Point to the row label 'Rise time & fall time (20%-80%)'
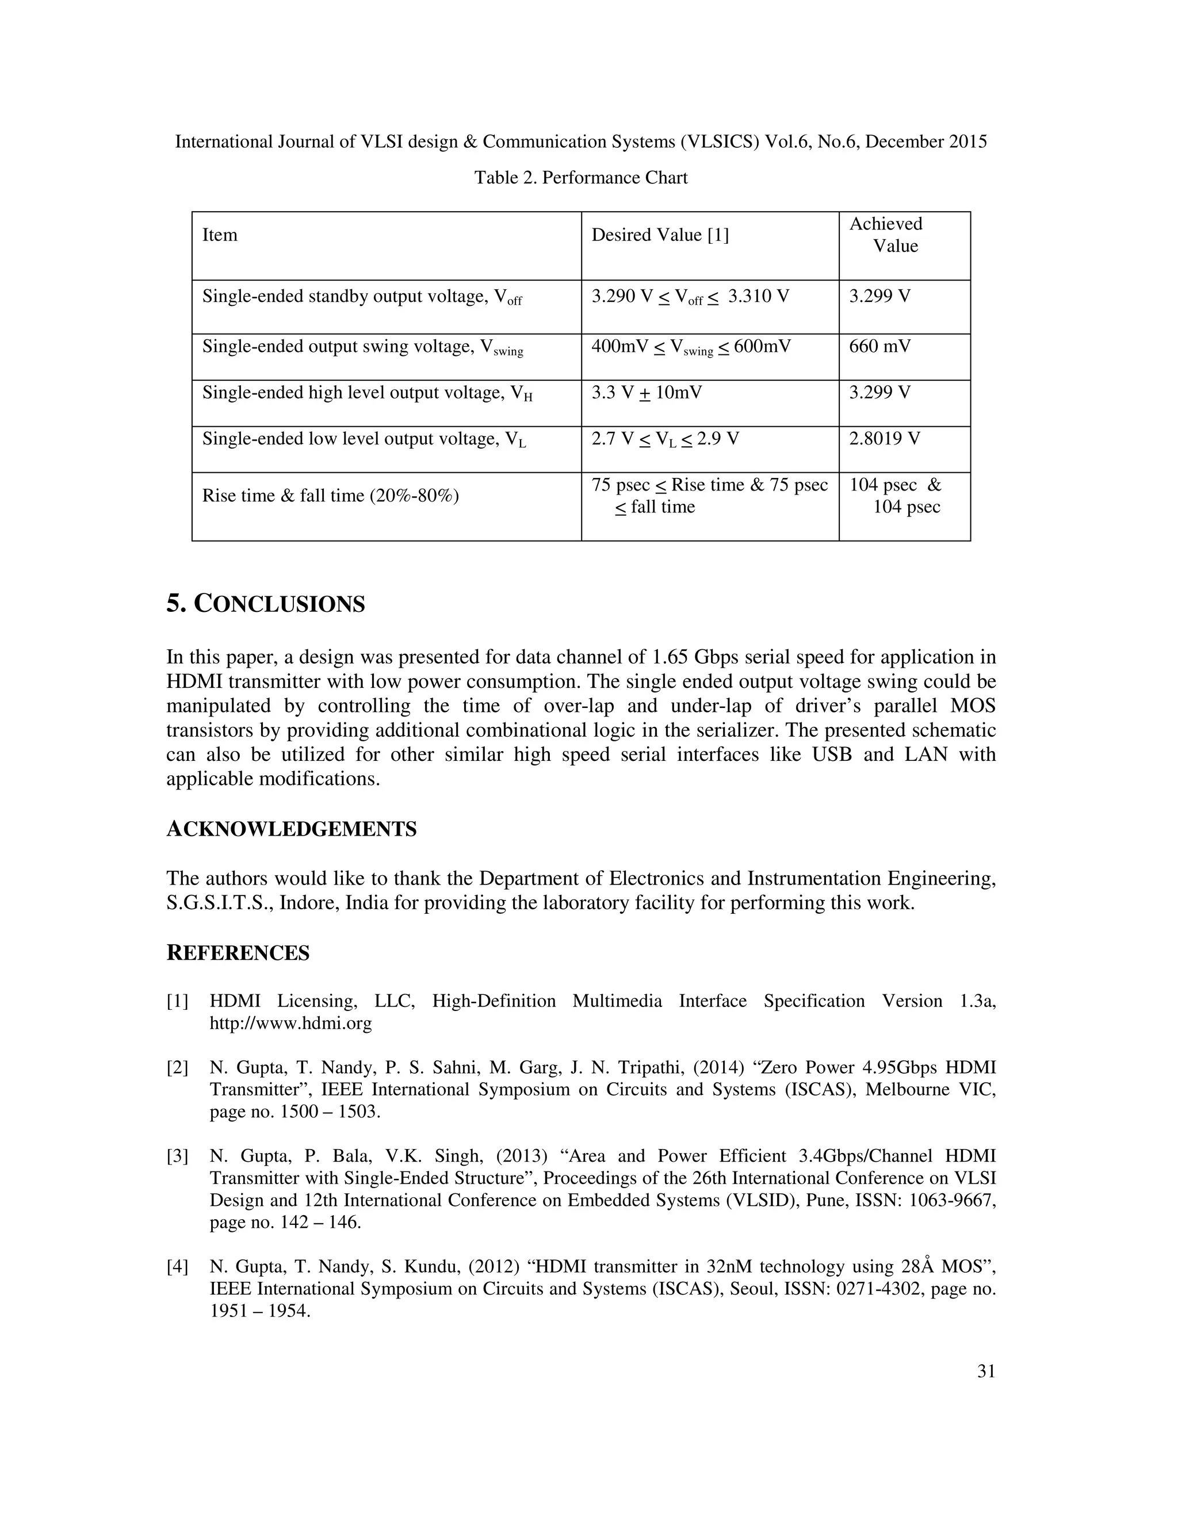click(330, 496)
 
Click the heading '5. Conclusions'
click(265, 604)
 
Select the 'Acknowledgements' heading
click(291, 830)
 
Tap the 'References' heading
click(238, 953)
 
